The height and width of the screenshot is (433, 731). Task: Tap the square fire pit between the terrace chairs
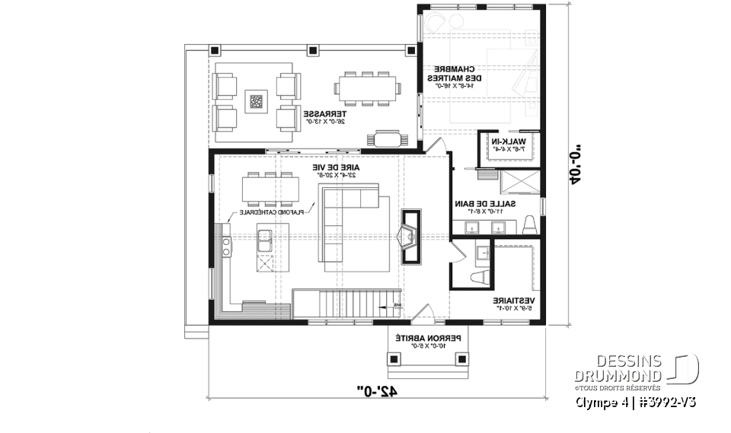255,100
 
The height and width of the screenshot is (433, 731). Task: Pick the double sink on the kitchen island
267,240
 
